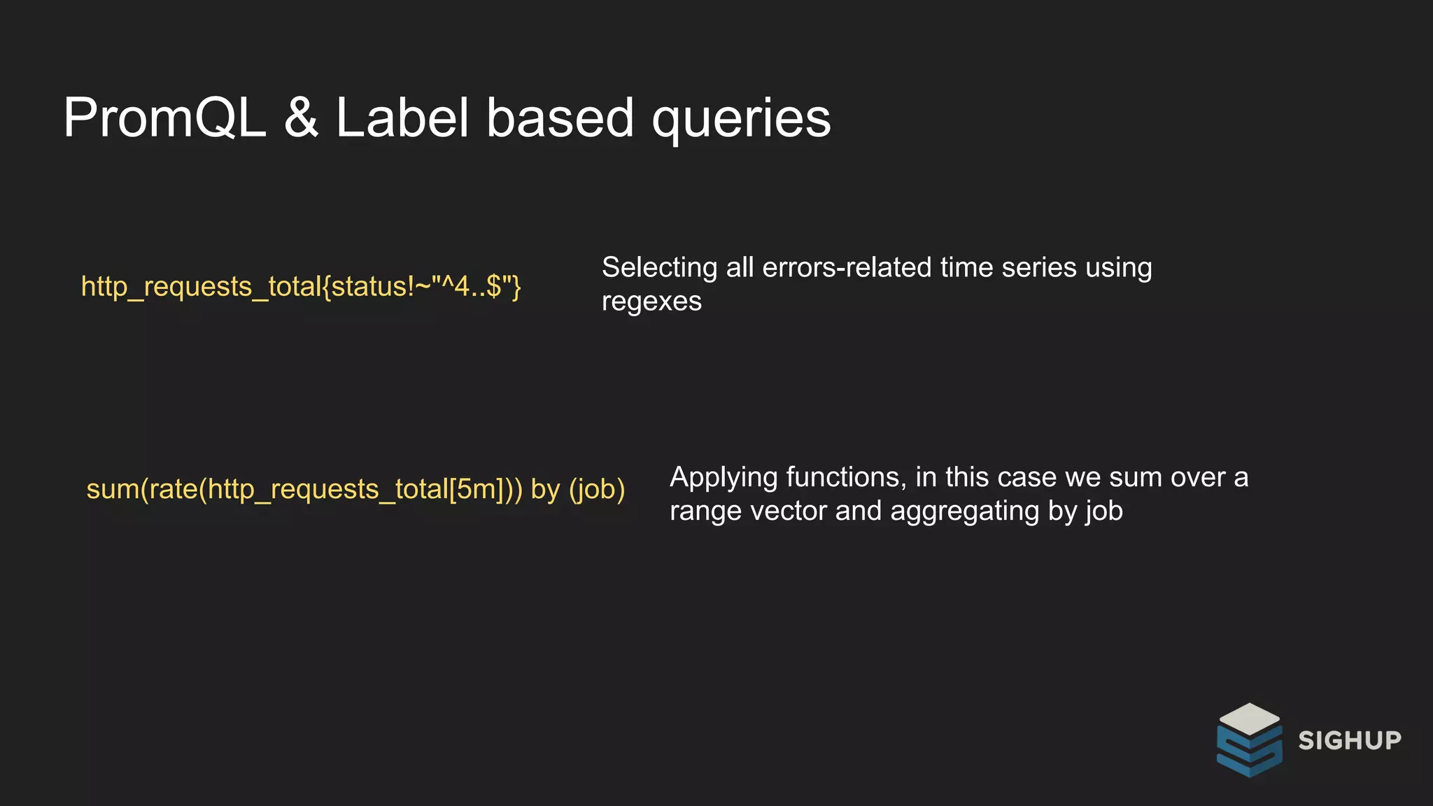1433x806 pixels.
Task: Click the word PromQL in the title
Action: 164,118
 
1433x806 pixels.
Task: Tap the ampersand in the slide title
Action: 301,118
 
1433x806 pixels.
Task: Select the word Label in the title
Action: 402,118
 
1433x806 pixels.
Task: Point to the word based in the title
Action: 560,118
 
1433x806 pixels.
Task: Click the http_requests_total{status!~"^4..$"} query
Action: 301,287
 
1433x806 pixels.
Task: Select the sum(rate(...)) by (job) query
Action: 355,489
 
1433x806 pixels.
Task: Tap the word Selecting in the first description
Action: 659,268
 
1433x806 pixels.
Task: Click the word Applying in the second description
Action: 723,478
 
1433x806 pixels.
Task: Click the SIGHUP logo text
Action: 1350,740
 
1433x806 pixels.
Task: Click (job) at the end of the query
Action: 597,489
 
